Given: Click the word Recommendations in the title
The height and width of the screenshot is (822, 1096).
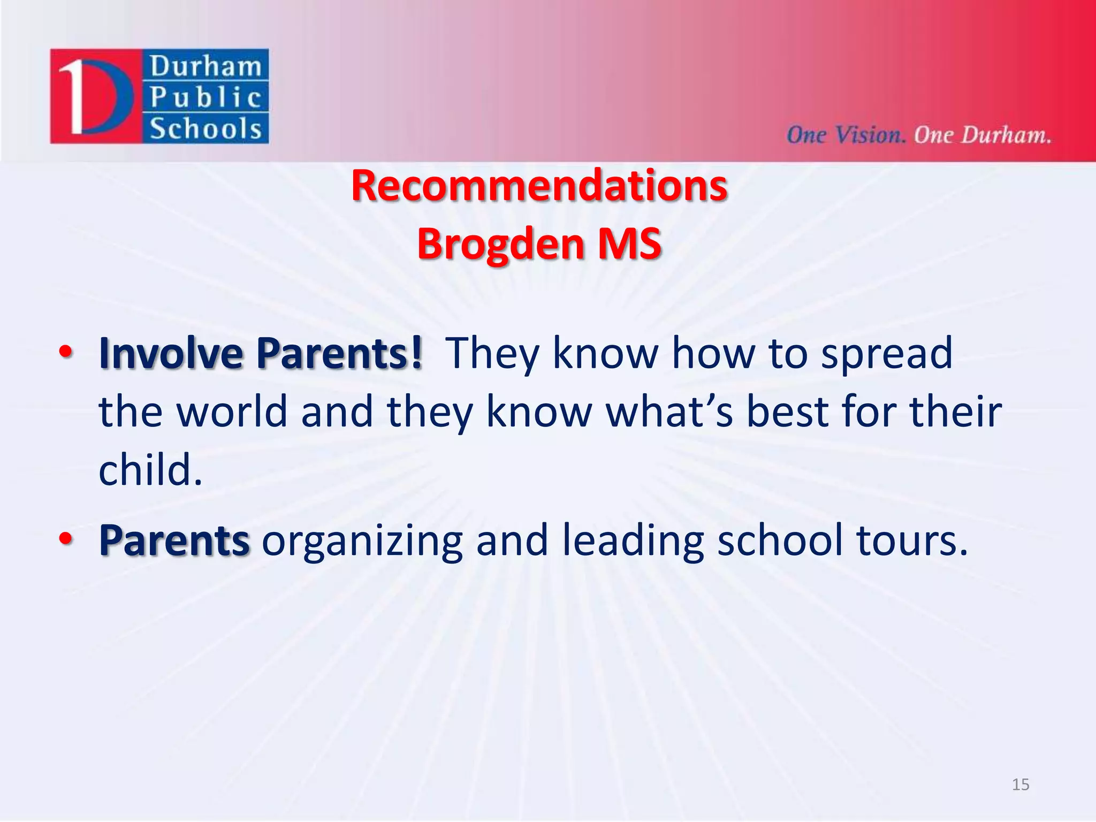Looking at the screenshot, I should click(x=539, y=185).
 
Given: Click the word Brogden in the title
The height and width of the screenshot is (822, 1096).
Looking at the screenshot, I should click(x=500, y=243).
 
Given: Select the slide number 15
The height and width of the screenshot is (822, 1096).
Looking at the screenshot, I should click(x=1020, y=785).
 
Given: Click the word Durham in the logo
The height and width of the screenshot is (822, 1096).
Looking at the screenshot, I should click(x=205, y=66).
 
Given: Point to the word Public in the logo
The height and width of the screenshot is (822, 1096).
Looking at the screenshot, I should click(x=205, y=97).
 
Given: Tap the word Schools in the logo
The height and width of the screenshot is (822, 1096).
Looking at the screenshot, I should click(x=205, y=129).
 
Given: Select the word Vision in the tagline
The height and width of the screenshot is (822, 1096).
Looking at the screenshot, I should click(x=870, y=135).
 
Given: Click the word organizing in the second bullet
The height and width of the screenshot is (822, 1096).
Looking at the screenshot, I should click(x=362, y=542).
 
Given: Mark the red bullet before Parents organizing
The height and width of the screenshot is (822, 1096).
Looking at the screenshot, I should click(x=66, y=539).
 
